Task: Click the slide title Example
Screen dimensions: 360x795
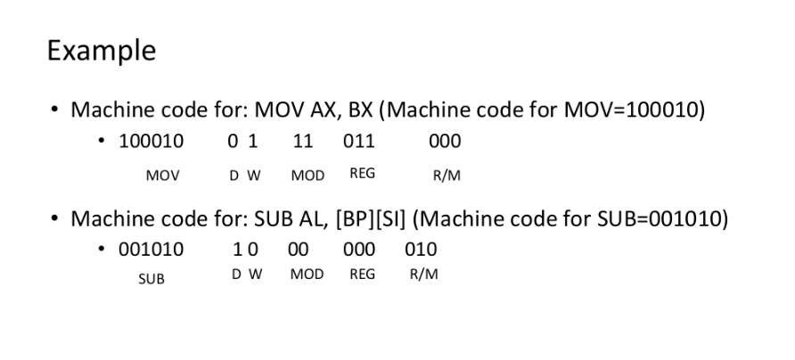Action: click(101, 51)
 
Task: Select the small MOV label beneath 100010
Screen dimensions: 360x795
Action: click(162, 176)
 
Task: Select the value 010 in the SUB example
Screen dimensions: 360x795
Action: click(421, 250)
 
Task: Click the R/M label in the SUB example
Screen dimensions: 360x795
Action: click(424, 275)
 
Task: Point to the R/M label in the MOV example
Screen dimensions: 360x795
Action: click(446, 176)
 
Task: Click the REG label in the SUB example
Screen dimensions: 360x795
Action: click(362, 275)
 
